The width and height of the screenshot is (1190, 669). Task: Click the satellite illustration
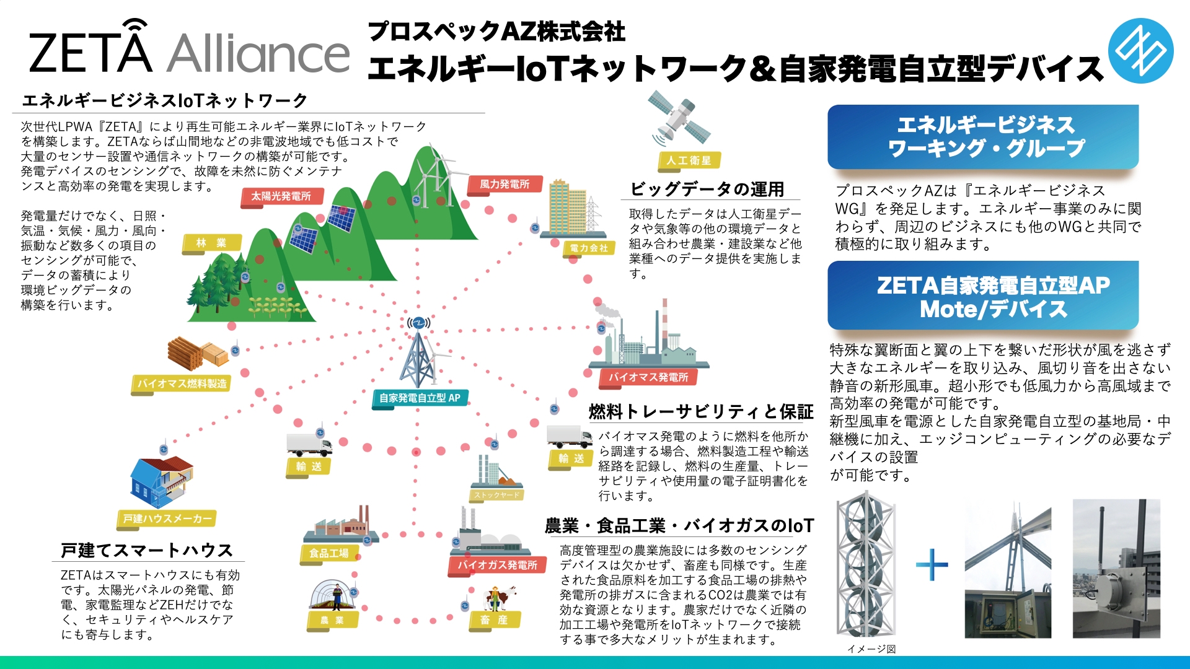coord(679,118)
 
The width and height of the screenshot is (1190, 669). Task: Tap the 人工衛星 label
coord(689,160)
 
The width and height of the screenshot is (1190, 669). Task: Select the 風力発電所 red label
coord(505,184)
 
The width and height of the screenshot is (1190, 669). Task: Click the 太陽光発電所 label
coord(281,196)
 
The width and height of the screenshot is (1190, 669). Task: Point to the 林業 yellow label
coord(211,243)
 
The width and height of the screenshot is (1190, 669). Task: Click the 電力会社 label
coord(588,248)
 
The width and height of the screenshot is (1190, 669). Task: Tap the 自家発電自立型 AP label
coord(420,398)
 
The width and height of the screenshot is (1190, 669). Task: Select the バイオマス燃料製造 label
coord(182,383)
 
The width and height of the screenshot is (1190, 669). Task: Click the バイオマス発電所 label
coord(648,377)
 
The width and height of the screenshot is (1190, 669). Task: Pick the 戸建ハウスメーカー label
coord(167,518)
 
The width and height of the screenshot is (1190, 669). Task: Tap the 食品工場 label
coord(329,553)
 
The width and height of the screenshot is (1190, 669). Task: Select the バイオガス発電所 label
coord(497,565)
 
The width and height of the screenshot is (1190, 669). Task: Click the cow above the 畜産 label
coord(499,598)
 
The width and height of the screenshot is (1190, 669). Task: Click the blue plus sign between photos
coord(932,564)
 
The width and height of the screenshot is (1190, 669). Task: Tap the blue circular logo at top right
coord(1140,51)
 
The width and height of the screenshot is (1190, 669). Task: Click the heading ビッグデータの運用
coord(707,189)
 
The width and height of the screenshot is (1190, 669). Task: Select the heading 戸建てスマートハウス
coord(146,550)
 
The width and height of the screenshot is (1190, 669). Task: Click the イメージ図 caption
coord(871,649)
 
